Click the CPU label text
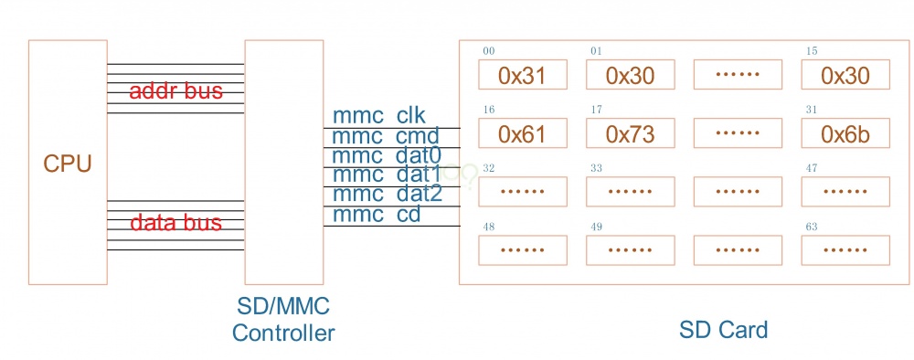pyautogui.click(x=68, y=164)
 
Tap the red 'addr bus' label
pyautogui.click(x=175, y=91)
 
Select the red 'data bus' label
pyautogui.click(x=175, y=223)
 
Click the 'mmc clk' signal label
pyautogui.click(x=386, y=116)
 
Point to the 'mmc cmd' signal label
pyautogui.click(x=386, y=136)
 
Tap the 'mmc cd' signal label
pyautogui.click(x=377, y=215)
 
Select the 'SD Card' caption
pyautogui.click(x=724, y=329)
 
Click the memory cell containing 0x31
pyautogui.click(x=522, y=76)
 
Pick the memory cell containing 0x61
pyautogui.click(x=522, y=135)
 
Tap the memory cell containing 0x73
pyautogui.click(x=630, y=135)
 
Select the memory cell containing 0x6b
pyautogui.click(x=845, y=135)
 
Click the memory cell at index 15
pyautogui.click(x=845, y=76)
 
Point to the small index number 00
pyautogui.click(x=489, y=50)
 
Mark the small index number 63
pyautogui.click(x=812, y=228)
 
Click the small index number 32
pyautogui.click(x=489, y=168)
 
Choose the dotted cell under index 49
pyautogui.click(x=630, y=249)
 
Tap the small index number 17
pyautogui.click(x=597, y=110)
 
